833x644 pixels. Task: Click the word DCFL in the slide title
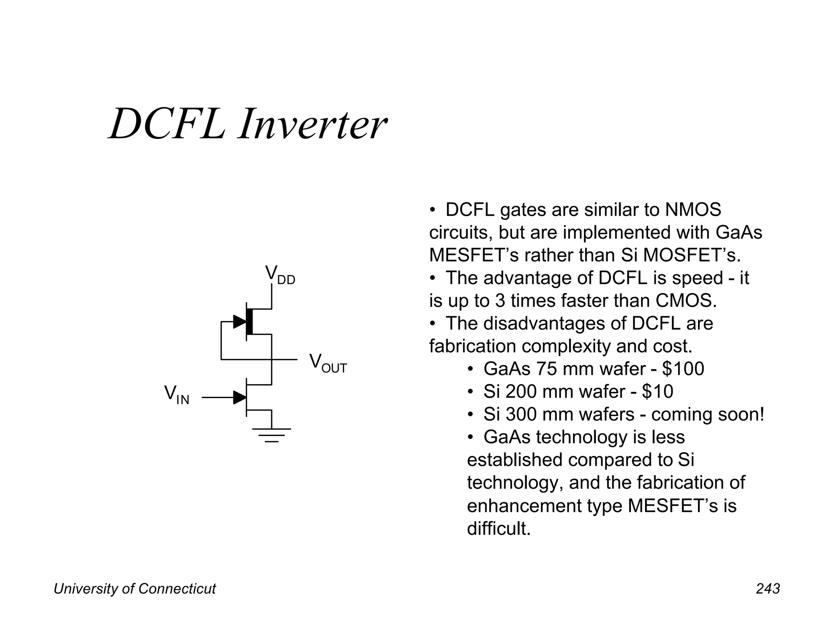click(x=167, y=124)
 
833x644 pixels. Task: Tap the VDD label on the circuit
click(x=280, y=274)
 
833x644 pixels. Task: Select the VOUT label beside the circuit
click(x=327, y=363)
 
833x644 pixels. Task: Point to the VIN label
click(x=177, y=395)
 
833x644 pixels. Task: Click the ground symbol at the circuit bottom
click(x=271, y=435)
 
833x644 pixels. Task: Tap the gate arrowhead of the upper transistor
click(x=240, y=322)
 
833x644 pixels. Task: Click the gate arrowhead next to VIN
click(x=240, y=397)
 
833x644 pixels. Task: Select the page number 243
click(x=768, y=589)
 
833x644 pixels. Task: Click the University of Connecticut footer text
click(x=135, y=589)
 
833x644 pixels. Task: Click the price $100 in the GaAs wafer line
click(x=683, y=369)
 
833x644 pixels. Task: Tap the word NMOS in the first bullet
click(x=693, y=210)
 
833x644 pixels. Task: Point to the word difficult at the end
click(x=499, y=528)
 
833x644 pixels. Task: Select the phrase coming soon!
click(x=708, y=414)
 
